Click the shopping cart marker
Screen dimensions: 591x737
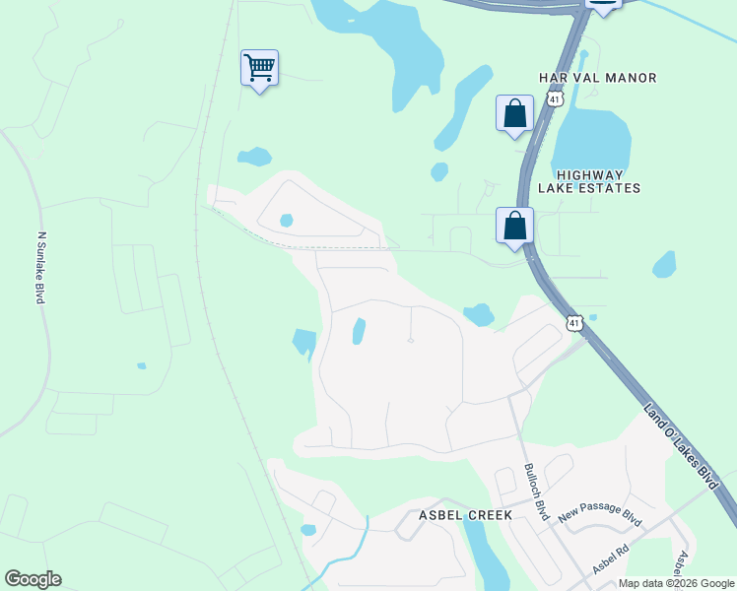click(x=259, y=68)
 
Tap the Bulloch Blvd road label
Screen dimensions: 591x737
click(x=536, y=492)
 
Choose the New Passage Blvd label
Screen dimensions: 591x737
click(x=599, y=512)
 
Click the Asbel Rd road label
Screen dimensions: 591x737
click(x=610, y=559)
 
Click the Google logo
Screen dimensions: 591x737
click(x=33, y=579)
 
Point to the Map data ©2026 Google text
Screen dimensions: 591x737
click(x=676, y=583)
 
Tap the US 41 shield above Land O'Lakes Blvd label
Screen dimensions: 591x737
click(x=574, y=322)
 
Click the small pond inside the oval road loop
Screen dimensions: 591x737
click(x=286, y=221)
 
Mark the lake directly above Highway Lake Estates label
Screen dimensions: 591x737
click(x=591, y=138)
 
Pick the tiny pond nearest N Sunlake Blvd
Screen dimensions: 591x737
click(x=142, y=365)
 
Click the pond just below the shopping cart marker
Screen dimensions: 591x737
click(x=254, y=156)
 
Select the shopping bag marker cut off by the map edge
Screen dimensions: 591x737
click(x=603, y=6)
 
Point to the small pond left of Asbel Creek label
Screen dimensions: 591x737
click(x=307, y=530)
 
